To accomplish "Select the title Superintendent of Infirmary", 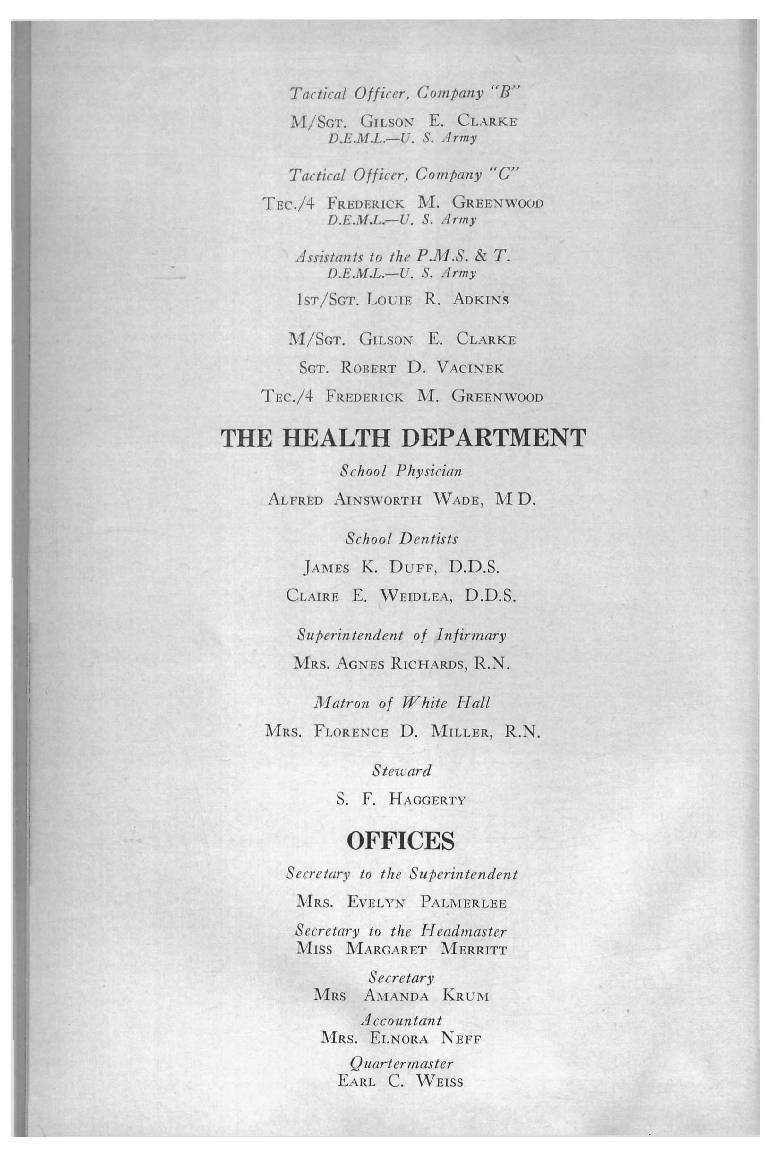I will (x=401, y=636).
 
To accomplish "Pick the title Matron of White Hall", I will (x=401, y=703).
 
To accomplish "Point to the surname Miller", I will (x=460, y=732).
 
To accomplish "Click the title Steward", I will (x=401, y=771).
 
